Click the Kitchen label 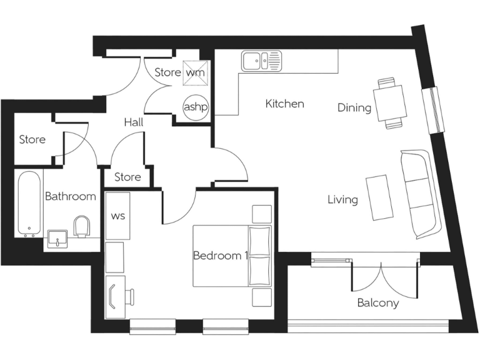[x=284, y=104]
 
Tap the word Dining [x=354, y=107]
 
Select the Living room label [x=343, y=200]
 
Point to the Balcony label [x=377, y=303]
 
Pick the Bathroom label [x=71, y=196]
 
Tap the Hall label [x=133, y=122]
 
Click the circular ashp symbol [x=195, y=107]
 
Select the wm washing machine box [x=194, y=72]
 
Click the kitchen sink [x=262, y=61]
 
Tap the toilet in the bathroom [x=82, y=226]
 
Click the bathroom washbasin [x=57, y=237]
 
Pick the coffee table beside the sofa [x=380, y=197]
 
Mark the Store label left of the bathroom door [x=32, y=139]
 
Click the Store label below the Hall [x=127, y=177]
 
